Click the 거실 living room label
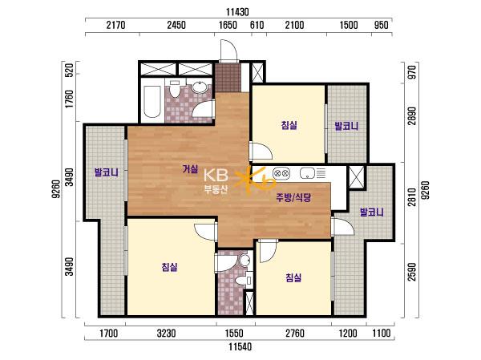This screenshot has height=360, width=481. coord(190,168)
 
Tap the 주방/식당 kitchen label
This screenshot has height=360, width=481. coord(293,197)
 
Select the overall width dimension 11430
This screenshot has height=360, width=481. coord(237,12)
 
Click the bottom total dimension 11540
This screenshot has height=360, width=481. coord(240,347)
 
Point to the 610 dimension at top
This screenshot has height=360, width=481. coord(257,25)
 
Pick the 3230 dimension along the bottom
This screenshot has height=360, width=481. coord(166,333)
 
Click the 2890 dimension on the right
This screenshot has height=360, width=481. coord(412,116)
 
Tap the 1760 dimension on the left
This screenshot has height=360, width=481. coord(70,99)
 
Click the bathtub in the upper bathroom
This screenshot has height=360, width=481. coord(152,102)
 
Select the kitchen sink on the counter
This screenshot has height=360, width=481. coord(307,173)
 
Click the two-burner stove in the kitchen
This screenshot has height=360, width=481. coord(281,173)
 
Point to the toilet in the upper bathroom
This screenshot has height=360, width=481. coord(175,89)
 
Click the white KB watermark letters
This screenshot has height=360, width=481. coord(216,176)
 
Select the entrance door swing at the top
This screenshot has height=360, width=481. coord(228,50)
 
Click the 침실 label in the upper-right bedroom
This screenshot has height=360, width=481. coord(289,125)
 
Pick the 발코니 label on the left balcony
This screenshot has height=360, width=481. coord(107,172)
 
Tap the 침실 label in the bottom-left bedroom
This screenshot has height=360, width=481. coord(169,267)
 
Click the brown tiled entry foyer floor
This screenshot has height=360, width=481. coord(228,77)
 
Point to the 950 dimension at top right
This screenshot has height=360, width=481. coord(381,25)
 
